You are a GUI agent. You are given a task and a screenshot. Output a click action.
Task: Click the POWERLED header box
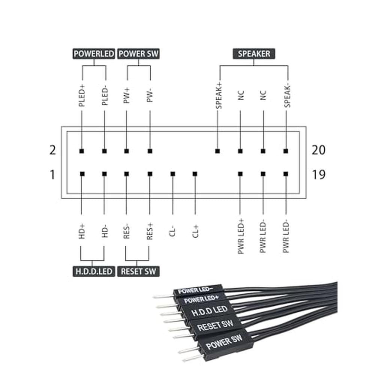(94, 54)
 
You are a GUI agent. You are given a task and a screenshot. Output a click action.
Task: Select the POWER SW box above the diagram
(138, 54)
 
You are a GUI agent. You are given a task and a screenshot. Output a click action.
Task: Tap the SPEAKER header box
(254, 54)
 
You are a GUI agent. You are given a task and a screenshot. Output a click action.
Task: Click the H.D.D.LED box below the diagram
(94, 271)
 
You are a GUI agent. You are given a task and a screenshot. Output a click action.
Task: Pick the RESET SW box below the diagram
(138, 271)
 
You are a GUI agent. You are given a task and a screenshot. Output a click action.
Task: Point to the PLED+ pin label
(82, 95)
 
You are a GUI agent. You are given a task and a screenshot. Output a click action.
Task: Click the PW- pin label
(150, 96)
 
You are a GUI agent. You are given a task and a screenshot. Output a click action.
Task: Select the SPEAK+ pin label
(219, 96)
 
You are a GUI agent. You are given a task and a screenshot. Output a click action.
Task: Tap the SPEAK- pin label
(287, 96)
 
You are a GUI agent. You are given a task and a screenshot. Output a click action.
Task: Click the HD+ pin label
(82, 231)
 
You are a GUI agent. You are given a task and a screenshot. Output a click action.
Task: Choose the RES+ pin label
(150, 231)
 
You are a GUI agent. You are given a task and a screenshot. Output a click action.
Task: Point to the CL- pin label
(172, 232)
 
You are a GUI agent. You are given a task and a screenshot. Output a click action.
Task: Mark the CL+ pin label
(195, 231)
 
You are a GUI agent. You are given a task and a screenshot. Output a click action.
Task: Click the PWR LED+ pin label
(241, 236)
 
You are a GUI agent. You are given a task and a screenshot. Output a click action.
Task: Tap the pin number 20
(318, 150)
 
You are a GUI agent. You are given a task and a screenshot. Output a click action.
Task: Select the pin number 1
(52, 175)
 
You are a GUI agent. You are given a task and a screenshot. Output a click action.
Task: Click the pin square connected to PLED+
(81, 151)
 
